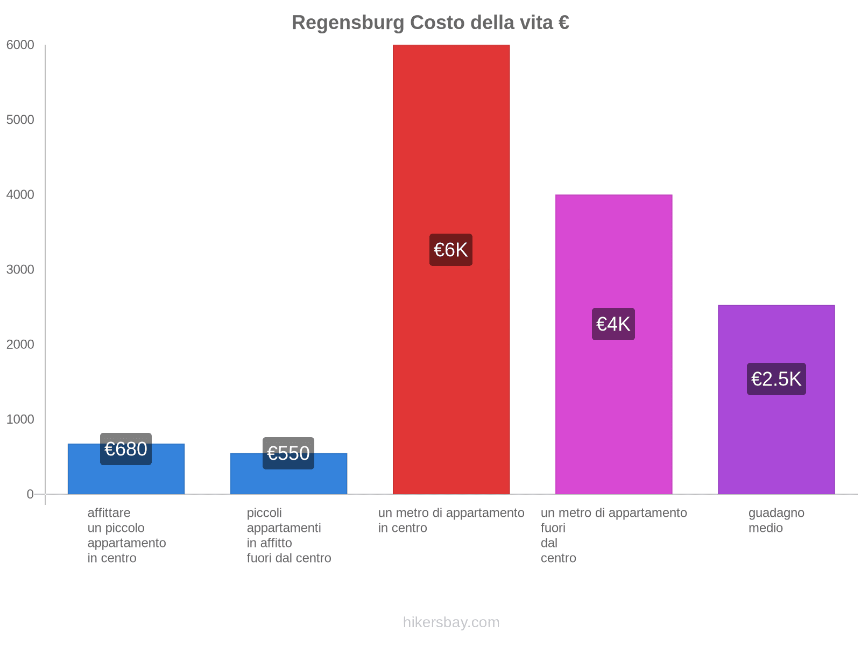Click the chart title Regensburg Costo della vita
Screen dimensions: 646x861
point(430,23)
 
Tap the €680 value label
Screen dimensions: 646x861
point(126,449)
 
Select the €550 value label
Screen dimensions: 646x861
point(288,453)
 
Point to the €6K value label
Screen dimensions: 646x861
point(451,250)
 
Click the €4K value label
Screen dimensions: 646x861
point(613,324)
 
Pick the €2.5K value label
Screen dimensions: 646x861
point(776,379)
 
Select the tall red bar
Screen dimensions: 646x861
point(451,135)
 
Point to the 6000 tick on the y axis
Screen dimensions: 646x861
point(20,45)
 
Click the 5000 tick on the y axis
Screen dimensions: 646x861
point(20,120)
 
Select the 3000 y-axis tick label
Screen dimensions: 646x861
point(20,270)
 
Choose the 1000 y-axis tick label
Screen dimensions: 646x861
point(20,419)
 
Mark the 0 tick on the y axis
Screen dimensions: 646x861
point(30,494)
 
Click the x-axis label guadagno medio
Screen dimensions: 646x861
point(776,521)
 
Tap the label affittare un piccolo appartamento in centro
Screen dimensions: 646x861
point(126,536)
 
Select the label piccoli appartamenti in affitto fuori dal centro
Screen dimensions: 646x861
point(289,536)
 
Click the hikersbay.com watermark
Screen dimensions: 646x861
point(451,622)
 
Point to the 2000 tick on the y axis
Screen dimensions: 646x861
point(20,345)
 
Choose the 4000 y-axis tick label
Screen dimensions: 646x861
point(20,195)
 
